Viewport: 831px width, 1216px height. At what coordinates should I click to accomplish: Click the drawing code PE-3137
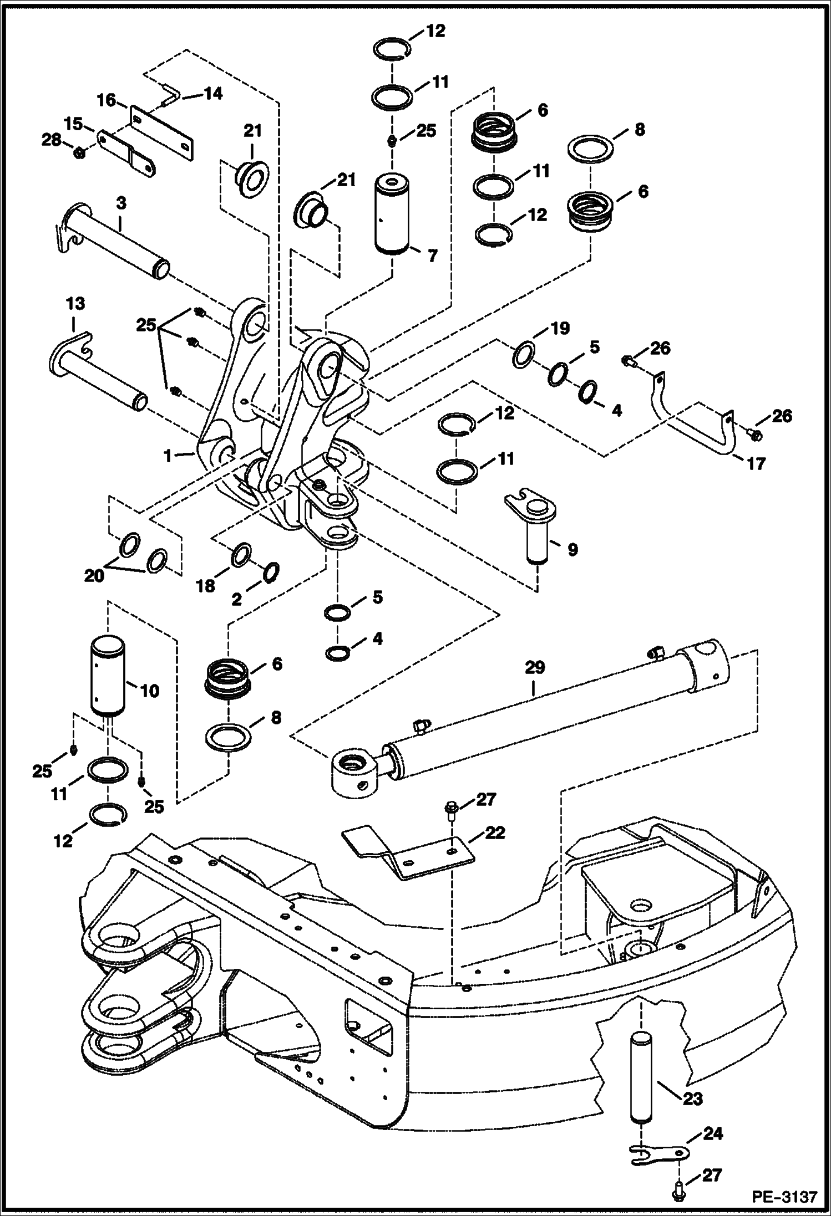784,1197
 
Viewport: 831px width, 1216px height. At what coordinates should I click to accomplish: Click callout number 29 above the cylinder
535,667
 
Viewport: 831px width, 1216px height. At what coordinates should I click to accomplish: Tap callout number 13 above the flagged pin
75,304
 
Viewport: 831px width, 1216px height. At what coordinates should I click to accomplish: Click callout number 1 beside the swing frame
167,456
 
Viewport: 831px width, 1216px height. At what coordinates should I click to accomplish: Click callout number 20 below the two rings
94,575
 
